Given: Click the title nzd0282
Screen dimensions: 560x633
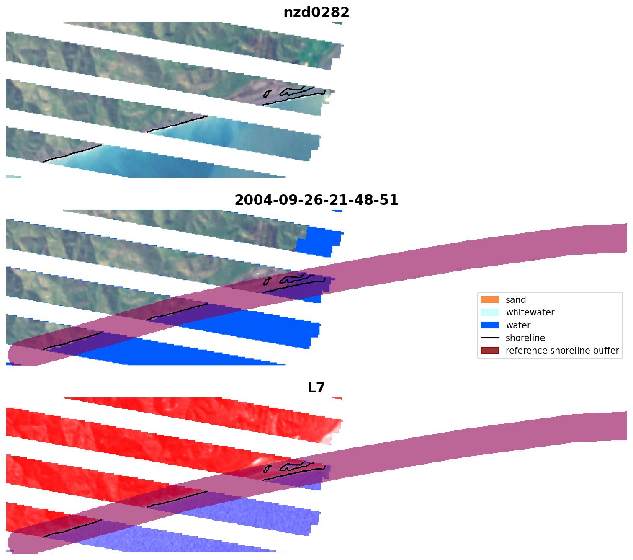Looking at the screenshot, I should [316, 13].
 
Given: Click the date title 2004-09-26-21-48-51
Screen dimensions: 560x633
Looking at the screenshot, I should [316, 200].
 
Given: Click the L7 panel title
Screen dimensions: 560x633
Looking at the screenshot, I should [316, 388].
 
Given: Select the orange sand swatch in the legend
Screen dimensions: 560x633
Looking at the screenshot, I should [490, 299].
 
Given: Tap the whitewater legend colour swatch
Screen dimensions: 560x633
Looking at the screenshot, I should [490, 312].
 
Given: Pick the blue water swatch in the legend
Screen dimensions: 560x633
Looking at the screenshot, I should [490, 325].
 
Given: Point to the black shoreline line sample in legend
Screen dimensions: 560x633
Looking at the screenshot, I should [490, 338].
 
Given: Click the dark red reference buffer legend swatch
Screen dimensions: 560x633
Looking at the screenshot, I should [490, 351].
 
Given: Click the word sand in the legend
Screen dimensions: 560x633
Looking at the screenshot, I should [515, 299].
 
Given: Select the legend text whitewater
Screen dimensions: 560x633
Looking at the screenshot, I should [530, 312].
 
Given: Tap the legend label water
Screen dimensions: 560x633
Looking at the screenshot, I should [518, 325].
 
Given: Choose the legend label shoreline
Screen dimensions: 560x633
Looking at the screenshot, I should [525, 338].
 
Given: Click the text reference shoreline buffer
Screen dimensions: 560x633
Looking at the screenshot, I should [562, 351].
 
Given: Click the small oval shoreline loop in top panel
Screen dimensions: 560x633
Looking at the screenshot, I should [267, 93].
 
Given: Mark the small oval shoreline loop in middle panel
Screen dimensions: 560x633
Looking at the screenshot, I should [267, 281].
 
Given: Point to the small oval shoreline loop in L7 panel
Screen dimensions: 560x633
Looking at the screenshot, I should [267, 469].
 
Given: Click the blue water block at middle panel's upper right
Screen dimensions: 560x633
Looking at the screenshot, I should [320, 241].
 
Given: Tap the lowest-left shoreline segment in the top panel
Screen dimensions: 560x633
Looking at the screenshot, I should [72, 153].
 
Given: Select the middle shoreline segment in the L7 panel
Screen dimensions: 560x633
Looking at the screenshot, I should [177, 500].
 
